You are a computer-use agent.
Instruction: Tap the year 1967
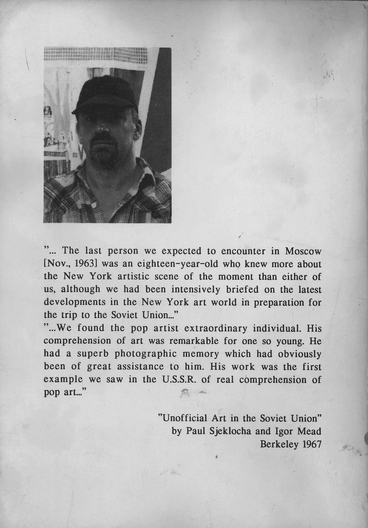[312, 444]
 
